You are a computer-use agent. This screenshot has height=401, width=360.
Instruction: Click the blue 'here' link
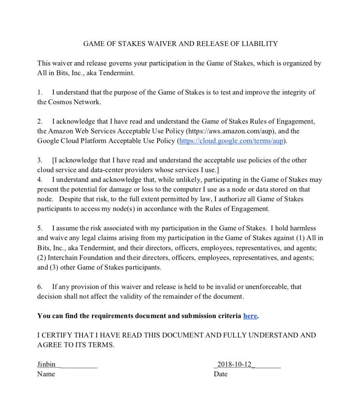[250, 316]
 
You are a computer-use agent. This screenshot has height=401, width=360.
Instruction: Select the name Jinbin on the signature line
[46, 364]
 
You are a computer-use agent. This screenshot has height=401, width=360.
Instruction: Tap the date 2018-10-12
[234, 364]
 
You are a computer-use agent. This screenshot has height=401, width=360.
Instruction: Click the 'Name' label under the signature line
[46, 374]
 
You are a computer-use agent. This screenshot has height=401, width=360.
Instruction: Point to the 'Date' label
[221, 374]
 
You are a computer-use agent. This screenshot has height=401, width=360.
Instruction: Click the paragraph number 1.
[40, 92]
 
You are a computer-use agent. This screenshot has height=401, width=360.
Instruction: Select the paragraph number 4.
[40, 179]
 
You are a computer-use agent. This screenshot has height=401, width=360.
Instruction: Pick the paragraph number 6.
[40, 287]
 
